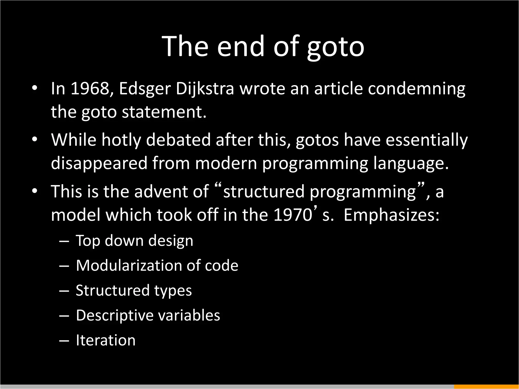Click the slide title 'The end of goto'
(x=263, y=46)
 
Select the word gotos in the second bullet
(x=317, y=140)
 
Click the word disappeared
(x=99, y=163)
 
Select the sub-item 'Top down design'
(x=134, y=240)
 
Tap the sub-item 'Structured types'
(x=134, y=290)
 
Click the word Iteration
(x=106, y=340)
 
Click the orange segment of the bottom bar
(x=486, y=387)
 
